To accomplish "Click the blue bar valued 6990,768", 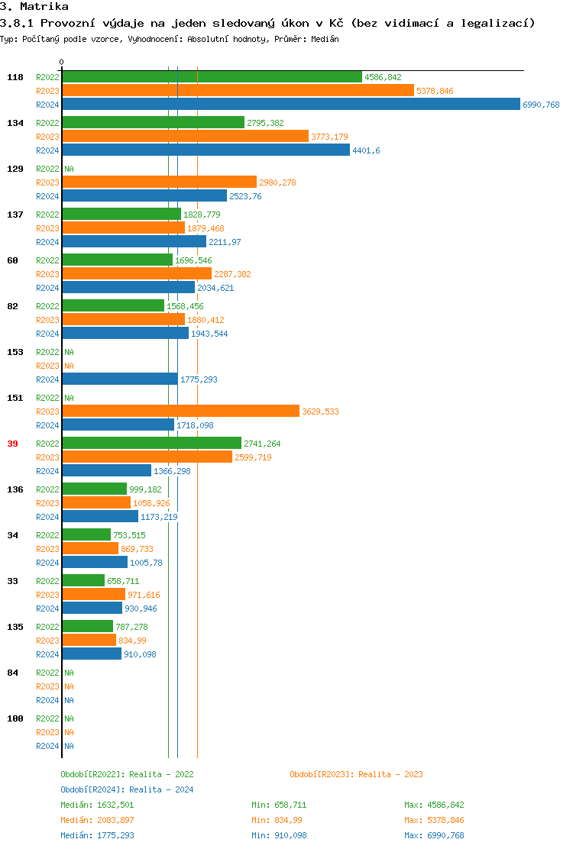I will pos(291,105).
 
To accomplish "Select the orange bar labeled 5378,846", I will pos(238,91).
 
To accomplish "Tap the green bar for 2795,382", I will pos(153,123).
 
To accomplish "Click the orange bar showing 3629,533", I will pos(180,412).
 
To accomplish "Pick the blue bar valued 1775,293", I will pos(120,379).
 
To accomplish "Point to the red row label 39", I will pos(12,444).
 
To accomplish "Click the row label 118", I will pos(15,77).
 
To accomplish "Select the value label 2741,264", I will pos(262,444).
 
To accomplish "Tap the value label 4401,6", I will pos(366,150).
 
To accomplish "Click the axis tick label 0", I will pos(62,62).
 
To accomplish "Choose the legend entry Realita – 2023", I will pos(356,774).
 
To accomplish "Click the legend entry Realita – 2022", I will pos(127,774).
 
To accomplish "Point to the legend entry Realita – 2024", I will pos(127,789).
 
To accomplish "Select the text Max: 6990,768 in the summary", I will pos(434,835).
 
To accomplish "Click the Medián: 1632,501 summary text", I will pos(97,805).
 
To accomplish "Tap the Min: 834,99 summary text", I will pos(277,820).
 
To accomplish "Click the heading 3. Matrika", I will pos(34,7).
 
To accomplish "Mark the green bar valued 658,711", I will pos(83,581).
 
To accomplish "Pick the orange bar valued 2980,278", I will pos(159,182).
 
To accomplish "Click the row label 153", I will pos(15,352).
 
